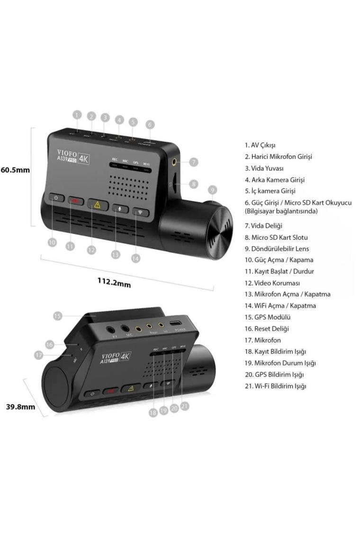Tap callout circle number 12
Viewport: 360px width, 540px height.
point(91,250)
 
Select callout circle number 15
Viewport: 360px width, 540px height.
point(57,315)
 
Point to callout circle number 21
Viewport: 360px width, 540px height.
point(185,406)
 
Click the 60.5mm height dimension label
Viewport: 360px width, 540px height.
point(15,170)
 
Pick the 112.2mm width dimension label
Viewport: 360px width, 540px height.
point(114,282)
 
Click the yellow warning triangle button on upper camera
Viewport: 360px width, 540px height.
point(98,204)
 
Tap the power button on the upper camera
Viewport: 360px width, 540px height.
point(56,198)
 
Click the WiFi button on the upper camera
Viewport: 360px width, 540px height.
point(140,212)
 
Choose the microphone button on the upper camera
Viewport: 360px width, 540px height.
point(120,208)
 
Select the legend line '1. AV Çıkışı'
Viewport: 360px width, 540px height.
point(260,145)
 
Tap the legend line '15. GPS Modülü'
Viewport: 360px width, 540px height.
point(267,317)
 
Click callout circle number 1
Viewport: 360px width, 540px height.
point(78,115)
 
